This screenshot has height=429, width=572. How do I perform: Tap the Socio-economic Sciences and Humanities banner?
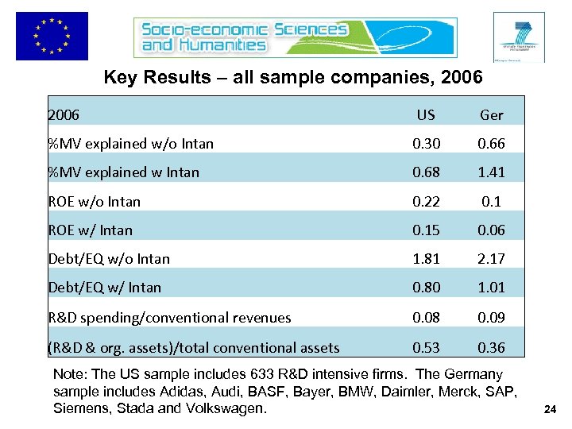[x=245, y=37]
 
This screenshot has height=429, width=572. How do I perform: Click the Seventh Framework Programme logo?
[x=518, y=37]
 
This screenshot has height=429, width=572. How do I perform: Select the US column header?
[x=426, y=114]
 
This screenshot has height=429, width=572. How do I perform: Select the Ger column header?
[x=491, y=115]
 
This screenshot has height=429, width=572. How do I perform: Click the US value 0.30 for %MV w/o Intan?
[x=426, y=144]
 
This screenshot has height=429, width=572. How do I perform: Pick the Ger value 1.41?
[x=491, y=172]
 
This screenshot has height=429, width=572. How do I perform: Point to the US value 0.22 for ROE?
[x=426, y=201]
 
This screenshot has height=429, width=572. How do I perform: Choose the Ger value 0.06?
[x=491, y=230]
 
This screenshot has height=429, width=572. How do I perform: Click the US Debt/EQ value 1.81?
[x=426, y=259]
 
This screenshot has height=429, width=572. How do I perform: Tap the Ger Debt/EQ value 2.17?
[x=491, y=259]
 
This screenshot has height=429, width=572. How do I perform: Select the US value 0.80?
[x=426, y=288]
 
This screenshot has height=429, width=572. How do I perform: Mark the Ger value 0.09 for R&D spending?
[x=491, y=317]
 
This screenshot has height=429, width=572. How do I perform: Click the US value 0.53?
[x=426, y=346]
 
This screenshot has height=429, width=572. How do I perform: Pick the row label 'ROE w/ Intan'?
[x=90, y=230]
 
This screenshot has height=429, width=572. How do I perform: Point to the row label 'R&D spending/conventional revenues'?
[x=169, y=317]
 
